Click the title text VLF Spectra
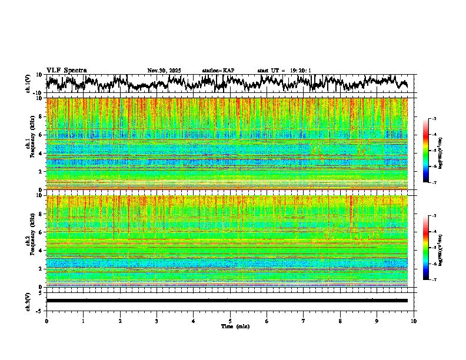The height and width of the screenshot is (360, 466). [x=66, y=71]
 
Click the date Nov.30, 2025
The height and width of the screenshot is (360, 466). [x=164, y=71]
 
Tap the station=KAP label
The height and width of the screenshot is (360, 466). [x=218, y=71]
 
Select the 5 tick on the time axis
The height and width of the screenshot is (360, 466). [x=230, y=321]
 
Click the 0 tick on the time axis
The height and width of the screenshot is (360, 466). [x=46, y=321]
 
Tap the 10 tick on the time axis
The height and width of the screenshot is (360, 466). [x=414, y=321]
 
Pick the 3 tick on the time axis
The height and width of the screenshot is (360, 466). [x=157, y=321]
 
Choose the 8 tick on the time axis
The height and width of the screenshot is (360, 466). [x=340, y=321]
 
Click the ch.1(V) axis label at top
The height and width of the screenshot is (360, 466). [x=28, y=84]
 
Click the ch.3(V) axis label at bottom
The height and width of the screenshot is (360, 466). [x=28, y=301]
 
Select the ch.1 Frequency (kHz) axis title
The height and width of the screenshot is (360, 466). [x=31, y=144]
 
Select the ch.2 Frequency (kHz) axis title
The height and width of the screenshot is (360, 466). [x=31, y=241]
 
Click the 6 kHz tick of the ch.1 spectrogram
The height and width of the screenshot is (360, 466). [x=41, y=135]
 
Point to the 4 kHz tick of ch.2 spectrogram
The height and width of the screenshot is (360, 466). [x=41, y=251]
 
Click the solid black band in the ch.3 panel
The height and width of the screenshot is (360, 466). [x=227, y=301]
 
